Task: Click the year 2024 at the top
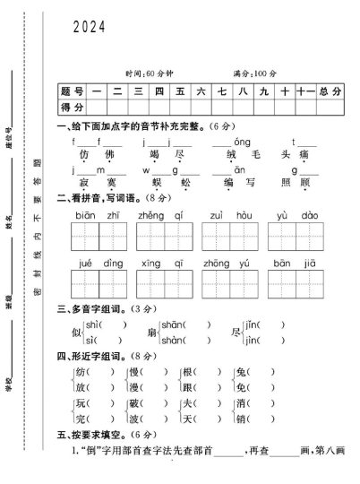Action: point(90,28)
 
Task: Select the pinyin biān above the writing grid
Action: point(85,215)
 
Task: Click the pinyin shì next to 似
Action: point(91,324)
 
